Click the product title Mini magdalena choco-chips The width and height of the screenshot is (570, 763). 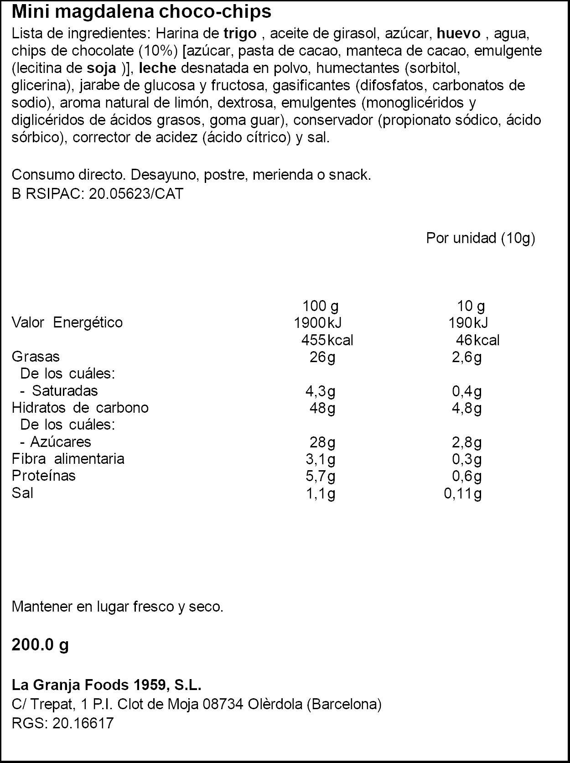pyautogui.click(x=141, y=12)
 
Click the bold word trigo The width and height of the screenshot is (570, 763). pyautogui.click(x=240, y=33)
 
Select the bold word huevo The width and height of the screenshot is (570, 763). pyautogui.click(x=458, y=33)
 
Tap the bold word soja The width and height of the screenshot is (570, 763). pyautogui.click(x=101, y=68)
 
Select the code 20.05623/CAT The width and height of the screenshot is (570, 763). pyautogui.click(x=136, y=194)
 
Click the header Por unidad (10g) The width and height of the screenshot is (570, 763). pyautogui.click(x=480, y=238)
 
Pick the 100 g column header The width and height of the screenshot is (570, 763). pyautogui.click(x=320, y=306)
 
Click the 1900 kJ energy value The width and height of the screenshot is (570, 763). pyautogui.click(x=317, y=323)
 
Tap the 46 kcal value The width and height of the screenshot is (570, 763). pyautogui.click(x=477, y=340)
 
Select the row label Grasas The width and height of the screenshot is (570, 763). pyautogui.click(x=36, y=357)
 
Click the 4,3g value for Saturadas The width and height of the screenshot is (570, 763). pyautogui.click(x=320, y=391)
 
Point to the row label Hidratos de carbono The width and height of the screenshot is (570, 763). pyautogui.click(x=80, y=408)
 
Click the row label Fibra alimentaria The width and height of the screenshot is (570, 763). pyautogui.click(x=68, y=459)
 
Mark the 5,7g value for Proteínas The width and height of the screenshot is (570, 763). pyautogui.click(x=320, y=476)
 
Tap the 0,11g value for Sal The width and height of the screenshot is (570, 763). pyautogui.click(x=463, y=493)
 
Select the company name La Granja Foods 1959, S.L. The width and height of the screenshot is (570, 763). pyautogui.click(x=107, y=685)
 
